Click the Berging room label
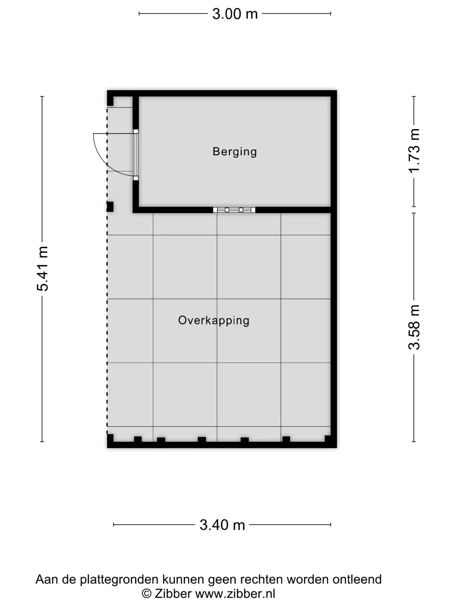(234, 152)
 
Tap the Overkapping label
(214, 321)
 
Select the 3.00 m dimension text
(235, 14)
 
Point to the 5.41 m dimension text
(43, 269)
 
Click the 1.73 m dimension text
(414, 151)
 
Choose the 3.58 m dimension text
(414, 327)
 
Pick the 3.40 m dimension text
(222, 525)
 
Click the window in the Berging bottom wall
(234, 210)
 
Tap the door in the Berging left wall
(136, 155)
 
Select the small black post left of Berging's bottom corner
(110, 207)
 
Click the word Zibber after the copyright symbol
(173, 594)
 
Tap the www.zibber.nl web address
(235, 594)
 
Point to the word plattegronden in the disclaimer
(119, 580)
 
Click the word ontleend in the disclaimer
(357, 579)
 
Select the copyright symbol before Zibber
(146, 594)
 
